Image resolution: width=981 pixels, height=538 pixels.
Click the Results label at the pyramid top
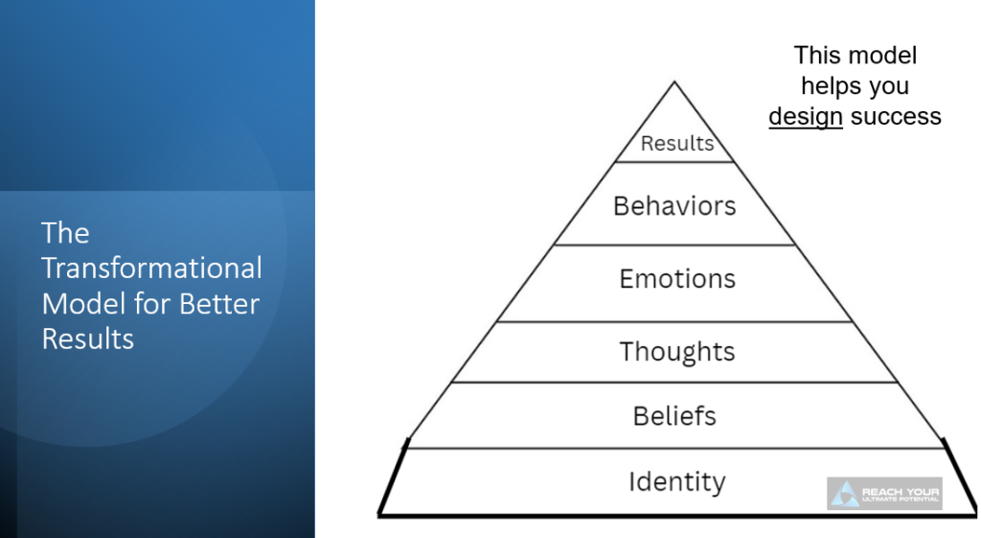pyautogui.click(x=677, y=144)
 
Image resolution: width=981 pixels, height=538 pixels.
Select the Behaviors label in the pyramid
pyautogui.click(x=674, y=206)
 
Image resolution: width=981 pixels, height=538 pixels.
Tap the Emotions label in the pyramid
pyautogui.click(x=677, y=279)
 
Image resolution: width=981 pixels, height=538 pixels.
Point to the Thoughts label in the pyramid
pyautogui.click(x=676, y=352)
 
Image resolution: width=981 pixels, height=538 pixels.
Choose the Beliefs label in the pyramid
pyautogui.click(x=674, y=416)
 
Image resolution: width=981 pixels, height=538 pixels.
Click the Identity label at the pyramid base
pyautogui.click(x=676, y=481)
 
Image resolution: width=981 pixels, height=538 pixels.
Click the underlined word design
pyautogui.click(x=805, y=117)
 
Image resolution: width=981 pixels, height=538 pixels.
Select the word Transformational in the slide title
pyautogui.click(x=151, y=268)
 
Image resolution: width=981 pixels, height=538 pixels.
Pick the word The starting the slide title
pyautogui.click(x=65, y=233)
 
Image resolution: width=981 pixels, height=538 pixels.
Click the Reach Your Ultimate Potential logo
pyautogui.click(x=884, y=493)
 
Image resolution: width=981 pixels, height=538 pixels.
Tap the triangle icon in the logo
pyautogui.click(x=845, y=494)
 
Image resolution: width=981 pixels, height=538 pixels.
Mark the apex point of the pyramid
pyautogui.click(x=674, y=82)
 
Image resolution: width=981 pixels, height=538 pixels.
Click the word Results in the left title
pyautogui.click(x=87, y=339)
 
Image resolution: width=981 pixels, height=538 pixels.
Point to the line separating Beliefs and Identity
pyautogui.click(x=676, y=448)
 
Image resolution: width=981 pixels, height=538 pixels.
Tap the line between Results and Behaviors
pyautogui.click(x=676, y=162)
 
